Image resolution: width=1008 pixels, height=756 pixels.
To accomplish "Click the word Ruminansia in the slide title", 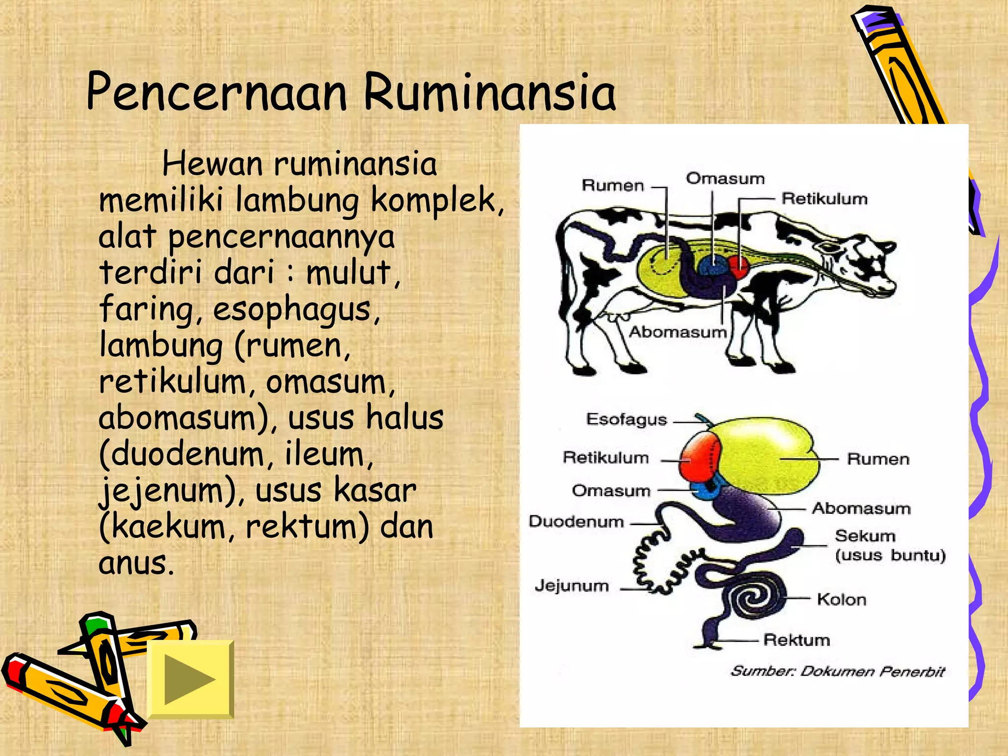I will tap(490, 93).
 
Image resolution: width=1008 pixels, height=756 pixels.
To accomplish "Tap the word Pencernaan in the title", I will tap(217, 93).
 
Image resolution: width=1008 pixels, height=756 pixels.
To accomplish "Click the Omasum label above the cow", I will tap(725, 178).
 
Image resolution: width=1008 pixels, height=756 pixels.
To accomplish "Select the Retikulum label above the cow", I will tap(824, 199).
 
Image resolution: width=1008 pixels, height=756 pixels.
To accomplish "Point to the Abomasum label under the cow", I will tap(678, 332).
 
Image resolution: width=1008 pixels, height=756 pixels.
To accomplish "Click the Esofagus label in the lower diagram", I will tap(626, 419).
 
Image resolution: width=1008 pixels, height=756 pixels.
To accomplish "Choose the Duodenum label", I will tap(576, 521).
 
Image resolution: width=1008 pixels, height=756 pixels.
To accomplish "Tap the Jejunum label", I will tap(571, 586).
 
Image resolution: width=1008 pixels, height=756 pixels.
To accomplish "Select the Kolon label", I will tap(842, 599).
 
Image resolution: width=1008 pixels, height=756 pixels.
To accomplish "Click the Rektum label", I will tap(796, 640).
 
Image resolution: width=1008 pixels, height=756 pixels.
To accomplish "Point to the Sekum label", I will tap(865, 535).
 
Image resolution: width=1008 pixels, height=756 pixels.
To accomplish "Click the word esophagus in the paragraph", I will tap(296, 310).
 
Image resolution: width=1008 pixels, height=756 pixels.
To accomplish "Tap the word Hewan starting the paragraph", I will tap(212, 164).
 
